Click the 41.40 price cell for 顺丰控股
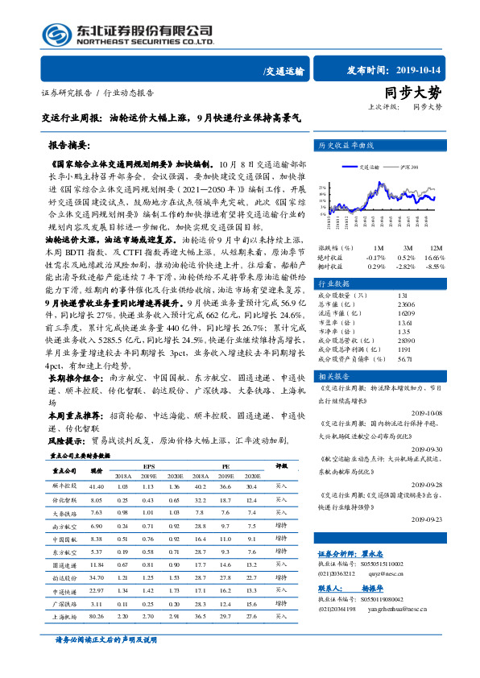tap(97, 486)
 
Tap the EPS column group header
tap(149, 465)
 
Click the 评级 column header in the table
tap(282, 465)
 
